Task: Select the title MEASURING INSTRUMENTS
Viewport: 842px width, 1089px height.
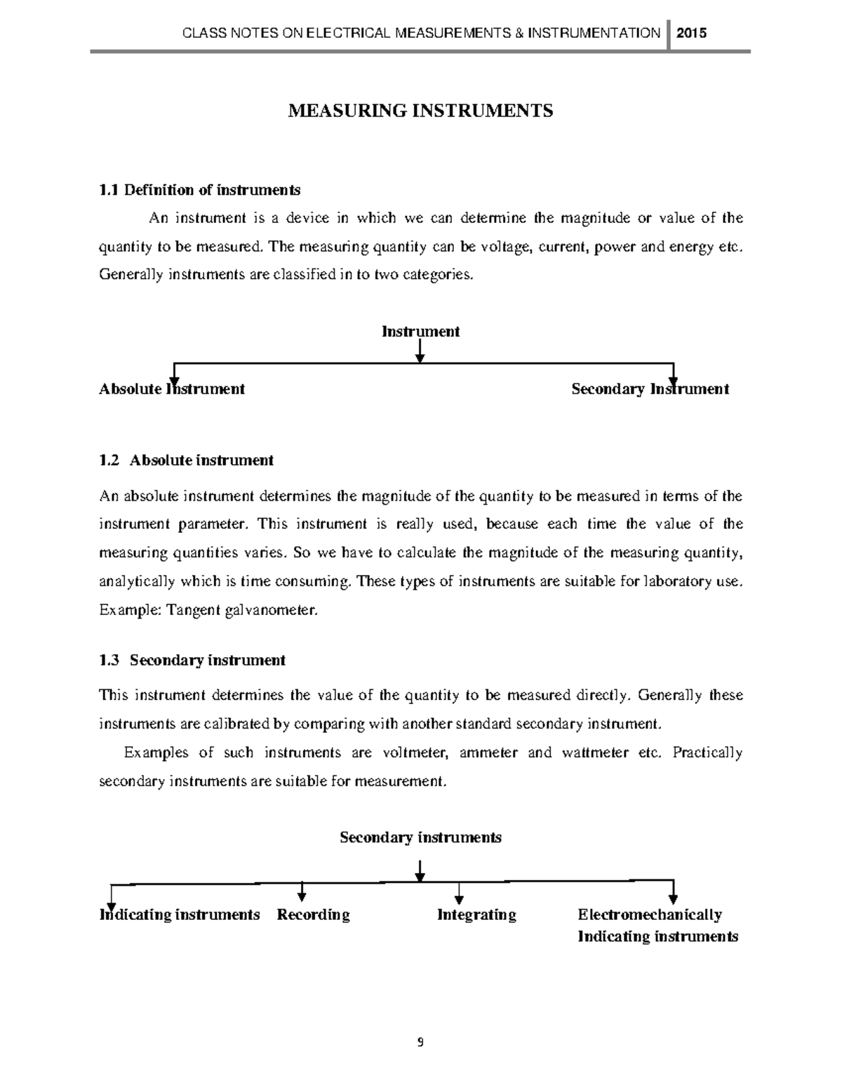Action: [x=420, y=111]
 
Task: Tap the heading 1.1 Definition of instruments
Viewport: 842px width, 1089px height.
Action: [x=200, y=190]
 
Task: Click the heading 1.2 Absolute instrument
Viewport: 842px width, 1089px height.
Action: [x=187, y=460]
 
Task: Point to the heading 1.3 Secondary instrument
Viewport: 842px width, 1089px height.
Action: [x=192, y=660]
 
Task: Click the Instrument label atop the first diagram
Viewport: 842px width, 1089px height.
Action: [x=420, y=331]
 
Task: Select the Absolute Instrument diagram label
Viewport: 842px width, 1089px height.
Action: [x=172, y=388]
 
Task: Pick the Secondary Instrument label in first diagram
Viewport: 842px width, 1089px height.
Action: [x=650, y=388]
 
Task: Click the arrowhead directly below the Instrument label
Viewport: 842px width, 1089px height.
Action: [x=420, y=358]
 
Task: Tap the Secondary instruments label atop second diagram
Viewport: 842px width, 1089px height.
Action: [x=420, y=837]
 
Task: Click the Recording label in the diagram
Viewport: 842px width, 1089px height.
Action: [x=313, y=914]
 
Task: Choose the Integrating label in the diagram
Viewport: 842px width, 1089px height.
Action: [x=476, y=914]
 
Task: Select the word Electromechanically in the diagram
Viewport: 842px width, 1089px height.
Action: [x=649, y=914]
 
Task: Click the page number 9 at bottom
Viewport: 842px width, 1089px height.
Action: [x=420, y=1042]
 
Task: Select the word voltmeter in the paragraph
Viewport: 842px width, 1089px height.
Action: [x=414, y=753]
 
